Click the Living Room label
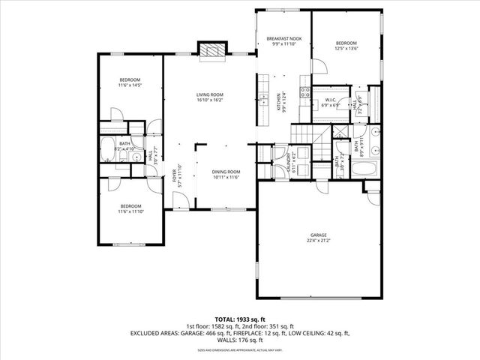(x=210, y=94)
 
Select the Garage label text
(x=319, y=235)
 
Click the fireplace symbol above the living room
(x=210, y=49)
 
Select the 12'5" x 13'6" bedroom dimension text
(x=346, y=48)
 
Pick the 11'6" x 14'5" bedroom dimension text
(x=130, y=85)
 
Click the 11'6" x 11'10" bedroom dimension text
(x=130, y=211)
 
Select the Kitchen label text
(x=278, y=101)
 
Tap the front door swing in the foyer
(x=179, y=199)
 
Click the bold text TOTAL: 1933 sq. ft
(x=239, y=319)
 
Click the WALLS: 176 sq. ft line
(x=239, y=340)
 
